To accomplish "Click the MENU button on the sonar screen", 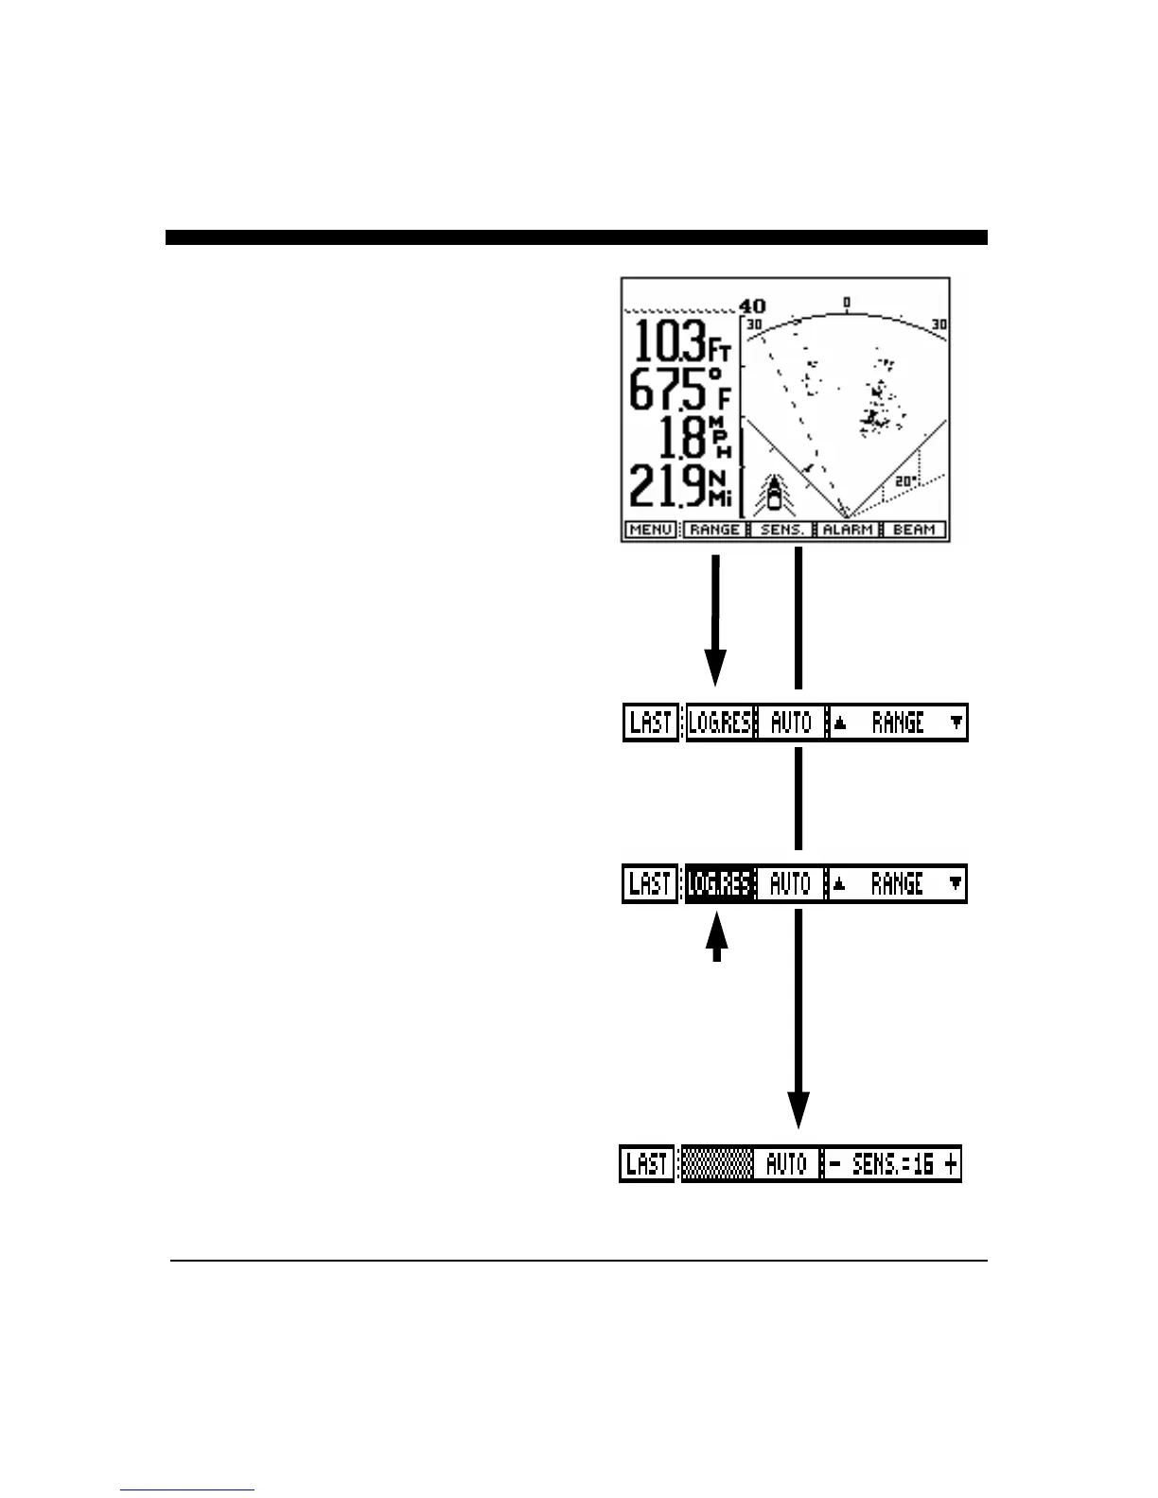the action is [x=651, y=530].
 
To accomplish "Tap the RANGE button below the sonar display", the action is [x=714, y=530].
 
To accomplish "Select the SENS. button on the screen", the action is [x=783, y=530].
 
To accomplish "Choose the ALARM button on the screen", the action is [x=848, y=530].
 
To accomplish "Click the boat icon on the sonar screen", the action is [x=775, y=493].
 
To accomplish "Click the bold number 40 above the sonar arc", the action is [x=753, y=306].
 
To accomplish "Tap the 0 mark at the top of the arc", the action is [x=847, y=303].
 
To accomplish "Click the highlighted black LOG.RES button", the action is [x=720, y=884].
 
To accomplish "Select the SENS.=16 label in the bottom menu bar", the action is [x=893, y=1164].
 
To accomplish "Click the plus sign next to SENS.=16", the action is [x=951, y=1164].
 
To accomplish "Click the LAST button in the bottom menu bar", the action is [x=647, y=1164].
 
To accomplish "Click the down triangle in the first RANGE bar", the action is [x=956, y=723].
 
